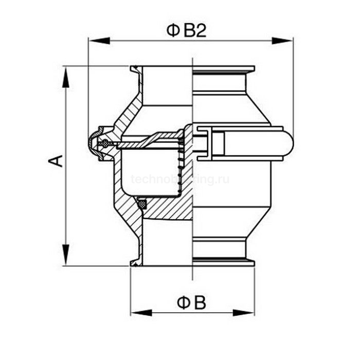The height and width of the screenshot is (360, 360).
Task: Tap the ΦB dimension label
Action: click(x=191, y=302)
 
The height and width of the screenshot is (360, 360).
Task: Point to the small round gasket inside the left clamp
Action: click(x=105, y=143)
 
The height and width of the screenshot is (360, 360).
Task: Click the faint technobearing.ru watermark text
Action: click(x=180, y=179)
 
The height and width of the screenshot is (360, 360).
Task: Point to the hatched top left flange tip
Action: click(x=135, y=69)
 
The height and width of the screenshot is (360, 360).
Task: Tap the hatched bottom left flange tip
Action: click(x=135, y=263)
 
